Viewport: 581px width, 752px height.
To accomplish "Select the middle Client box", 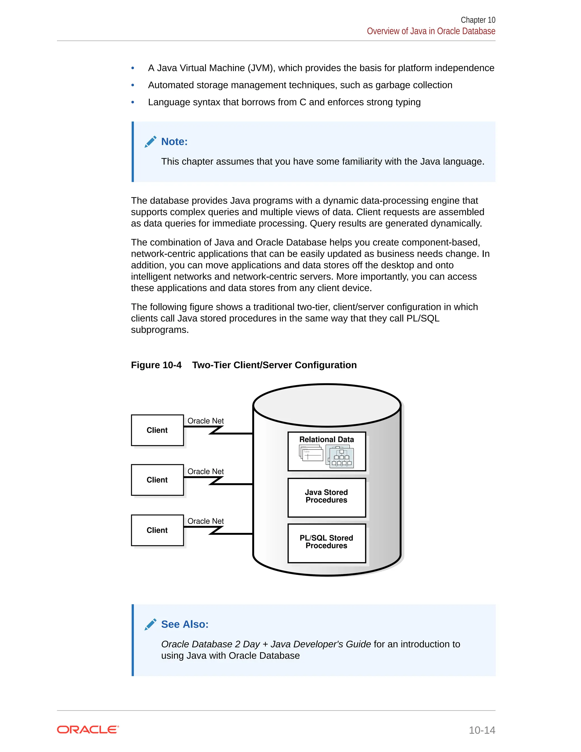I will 157,480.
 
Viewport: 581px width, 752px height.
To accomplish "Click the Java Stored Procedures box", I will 326,497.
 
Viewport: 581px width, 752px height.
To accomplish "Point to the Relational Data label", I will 326,439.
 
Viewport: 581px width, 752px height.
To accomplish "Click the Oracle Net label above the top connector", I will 205,421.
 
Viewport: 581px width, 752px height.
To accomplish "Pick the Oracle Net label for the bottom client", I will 205,521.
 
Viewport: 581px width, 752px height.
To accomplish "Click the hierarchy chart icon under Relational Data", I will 340,457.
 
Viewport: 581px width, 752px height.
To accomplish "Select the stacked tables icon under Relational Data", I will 311,453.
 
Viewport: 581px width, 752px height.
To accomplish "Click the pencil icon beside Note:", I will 150,142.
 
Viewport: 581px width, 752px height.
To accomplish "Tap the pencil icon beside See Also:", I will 150,624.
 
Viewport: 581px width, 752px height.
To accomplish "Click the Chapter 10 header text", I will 478,20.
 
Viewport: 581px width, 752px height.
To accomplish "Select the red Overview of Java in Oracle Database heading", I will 431,31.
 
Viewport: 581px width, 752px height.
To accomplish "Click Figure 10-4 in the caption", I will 156,365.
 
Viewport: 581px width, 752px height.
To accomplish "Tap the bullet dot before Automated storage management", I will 133,85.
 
